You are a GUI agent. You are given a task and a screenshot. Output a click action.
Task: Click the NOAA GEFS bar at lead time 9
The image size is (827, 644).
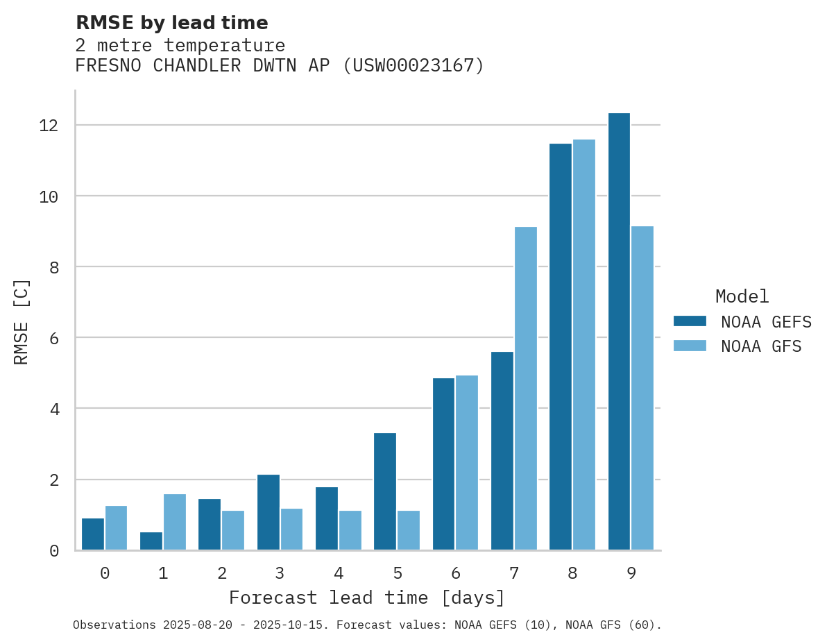click(x=619, y=332)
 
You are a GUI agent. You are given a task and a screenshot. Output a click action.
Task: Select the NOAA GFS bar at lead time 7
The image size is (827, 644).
click(x=526, y=389)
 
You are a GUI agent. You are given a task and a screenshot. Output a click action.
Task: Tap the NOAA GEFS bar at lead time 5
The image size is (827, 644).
click(x=385, y=491)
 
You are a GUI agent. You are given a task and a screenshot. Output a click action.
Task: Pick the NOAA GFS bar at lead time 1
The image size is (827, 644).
click(x=175, y=522)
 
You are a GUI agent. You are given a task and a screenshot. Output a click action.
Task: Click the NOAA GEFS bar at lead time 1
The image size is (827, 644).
click(x=151, y=541)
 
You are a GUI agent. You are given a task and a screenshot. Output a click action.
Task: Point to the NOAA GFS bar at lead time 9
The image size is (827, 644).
click(x=642, y=389)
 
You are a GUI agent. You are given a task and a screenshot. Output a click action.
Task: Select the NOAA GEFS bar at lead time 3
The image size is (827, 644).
click(x=268, y=512)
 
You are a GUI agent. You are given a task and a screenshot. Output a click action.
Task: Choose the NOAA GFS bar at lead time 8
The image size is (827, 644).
click(x=584, y=345)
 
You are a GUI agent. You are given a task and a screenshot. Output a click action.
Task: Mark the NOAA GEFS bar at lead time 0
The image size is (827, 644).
click(x=93, y=534)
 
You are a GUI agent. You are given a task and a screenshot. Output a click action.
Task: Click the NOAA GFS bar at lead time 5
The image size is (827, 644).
click(x=409, y=530)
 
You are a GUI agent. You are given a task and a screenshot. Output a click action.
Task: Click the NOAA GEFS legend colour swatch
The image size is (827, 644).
click(x=690, y=321)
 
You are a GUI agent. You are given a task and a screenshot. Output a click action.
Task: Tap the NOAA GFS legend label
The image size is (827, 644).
click(x=761, y=346)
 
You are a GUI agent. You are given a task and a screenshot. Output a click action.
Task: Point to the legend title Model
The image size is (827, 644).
click(x=742, y=297)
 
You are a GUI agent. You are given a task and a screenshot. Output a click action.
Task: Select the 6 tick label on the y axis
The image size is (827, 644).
click(x=54, y=338)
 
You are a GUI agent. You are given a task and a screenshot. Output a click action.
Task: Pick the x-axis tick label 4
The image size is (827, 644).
click(x=339, y=573)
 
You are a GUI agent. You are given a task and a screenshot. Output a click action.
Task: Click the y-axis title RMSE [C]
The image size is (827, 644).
click(x=22, y=321)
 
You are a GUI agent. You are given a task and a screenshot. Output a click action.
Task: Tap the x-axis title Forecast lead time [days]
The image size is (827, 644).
click(x=367, y=598)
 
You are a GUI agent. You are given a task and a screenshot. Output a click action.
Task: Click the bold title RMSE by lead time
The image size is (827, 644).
click(x=171, y=24)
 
